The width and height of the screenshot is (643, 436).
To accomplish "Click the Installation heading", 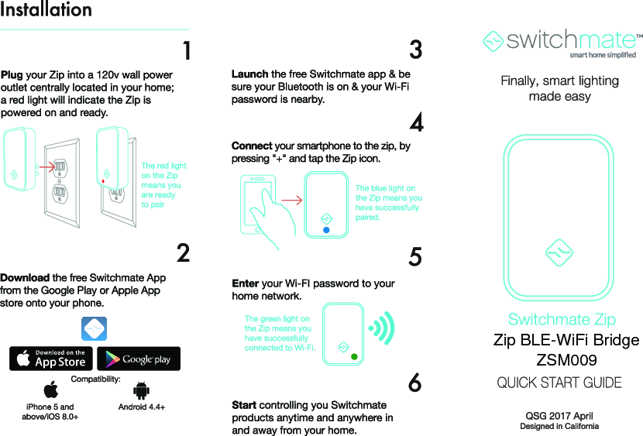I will (46, 11).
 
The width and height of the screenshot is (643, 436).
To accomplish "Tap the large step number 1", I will (185, 51).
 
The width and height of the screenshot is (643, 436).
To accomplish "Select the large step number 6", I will (415, 383).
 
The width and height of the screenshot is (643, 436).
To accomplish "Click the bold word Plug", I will (12, 75).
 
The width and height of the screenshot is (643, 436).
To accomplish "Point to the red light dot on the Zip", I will (104, 181).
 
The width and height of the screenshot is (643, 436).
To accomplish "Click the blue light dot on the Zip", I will (326, 230).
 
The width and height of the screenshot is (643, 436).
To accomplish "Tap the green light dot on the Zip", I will (354, 357).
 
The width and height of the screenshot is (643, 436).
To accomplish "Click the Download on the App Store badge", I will (51, 359).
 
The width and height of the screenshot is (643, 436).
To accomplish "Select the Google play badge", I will (138, 359).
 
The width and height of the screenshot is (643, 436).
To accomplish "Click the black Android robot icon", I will (141, 390).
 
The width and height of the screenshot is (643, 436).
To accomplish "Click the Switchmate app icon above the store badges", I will (94, 329).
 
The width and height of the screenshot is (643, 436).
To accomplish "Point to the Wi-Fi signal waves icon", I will (382, 328).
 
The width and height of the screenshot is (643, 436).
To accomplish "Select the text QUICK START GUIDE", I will (559, 383).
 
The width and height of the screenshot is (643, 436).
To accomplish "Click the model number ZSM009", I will (566, 360).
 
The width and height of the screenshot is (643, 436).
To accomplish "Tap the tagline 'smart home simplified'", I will (602, 55).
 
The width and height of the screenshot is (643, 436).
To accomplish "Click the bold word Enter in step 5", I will (246, 283).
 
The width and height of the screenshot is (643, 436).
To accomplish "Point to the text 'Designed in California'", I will (559, 427).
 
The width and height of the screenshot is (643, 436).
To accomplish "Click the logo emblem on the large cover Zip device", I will (559, 252).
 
